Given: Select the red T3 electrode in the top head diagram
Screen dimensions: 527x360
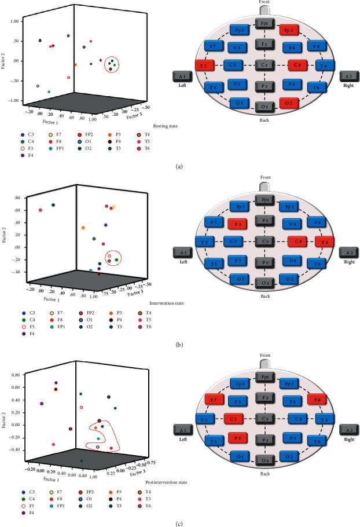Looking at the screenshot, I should tap(204, 65).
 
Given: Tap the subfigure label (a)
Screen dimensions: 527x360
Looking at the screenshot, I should tap(179, 167).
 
